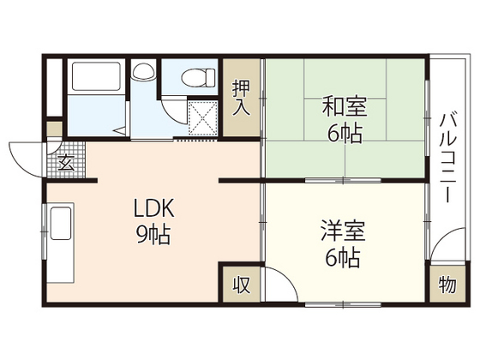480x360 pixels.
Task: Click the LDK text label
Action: click(x=153, y=208)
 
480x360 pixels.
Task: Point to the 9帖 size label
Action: click(x=153, y=234)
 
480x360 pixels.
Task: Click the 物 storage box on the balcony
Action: click(x=447, y=285)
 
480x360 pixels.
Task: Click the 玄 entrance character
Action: click(x=64, y=160)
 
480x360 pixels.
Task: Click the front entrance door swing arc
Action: click(x=26, y=154)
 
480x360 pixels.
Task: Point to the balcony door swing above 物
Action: click(x=442, y=249)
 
